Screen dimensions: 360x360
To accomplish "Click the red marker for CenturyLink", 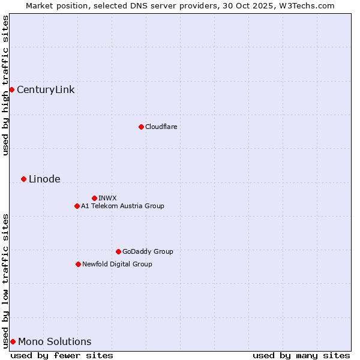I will coord(11,89).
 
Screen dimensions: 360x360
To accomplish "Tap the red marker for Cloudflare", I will coord(141,127).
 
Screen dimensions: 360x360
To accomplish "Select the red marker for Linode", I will coord(23,179).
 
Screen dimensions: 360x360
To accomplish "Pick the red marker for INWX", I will coord(94,198).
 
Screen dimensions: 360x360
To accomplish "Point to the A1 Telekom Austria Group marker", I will coord(77,206).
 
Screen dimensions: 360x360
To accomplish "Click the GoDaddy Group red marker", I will coord(118,251).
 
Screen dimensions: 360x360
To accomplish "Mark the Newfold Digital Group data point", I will coord(78,264).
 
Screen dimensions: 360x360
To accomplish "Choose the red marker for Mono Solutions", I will coord(13,341).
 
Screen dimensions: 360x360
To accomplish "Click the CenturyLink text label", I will coord(46,90).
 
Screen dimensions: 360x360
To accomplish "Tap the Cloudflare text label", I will coord(161,127).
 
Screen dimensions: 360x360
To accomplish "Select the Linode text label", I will coord(44,179).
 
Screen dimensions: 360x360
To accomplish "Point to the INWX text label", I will coord(107,198).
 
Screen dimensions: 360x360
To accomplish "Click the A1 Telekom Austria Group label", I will coord(122,206).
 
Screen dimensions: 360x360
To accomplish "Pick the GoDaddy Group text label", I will coord(148,251).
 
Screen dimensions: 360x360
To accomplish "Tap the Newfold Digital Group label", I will coord(117,264).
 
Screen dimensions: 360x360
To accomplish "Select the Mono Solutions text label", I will coord(55,342).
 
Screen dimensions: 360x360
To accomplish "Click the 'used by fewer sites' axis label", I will coord(62,355).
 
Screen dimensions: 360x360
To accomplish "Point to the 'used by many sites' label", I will coord(301,355).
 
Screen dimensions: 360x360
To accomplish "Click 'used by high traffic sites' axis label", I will coord(5,85).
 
